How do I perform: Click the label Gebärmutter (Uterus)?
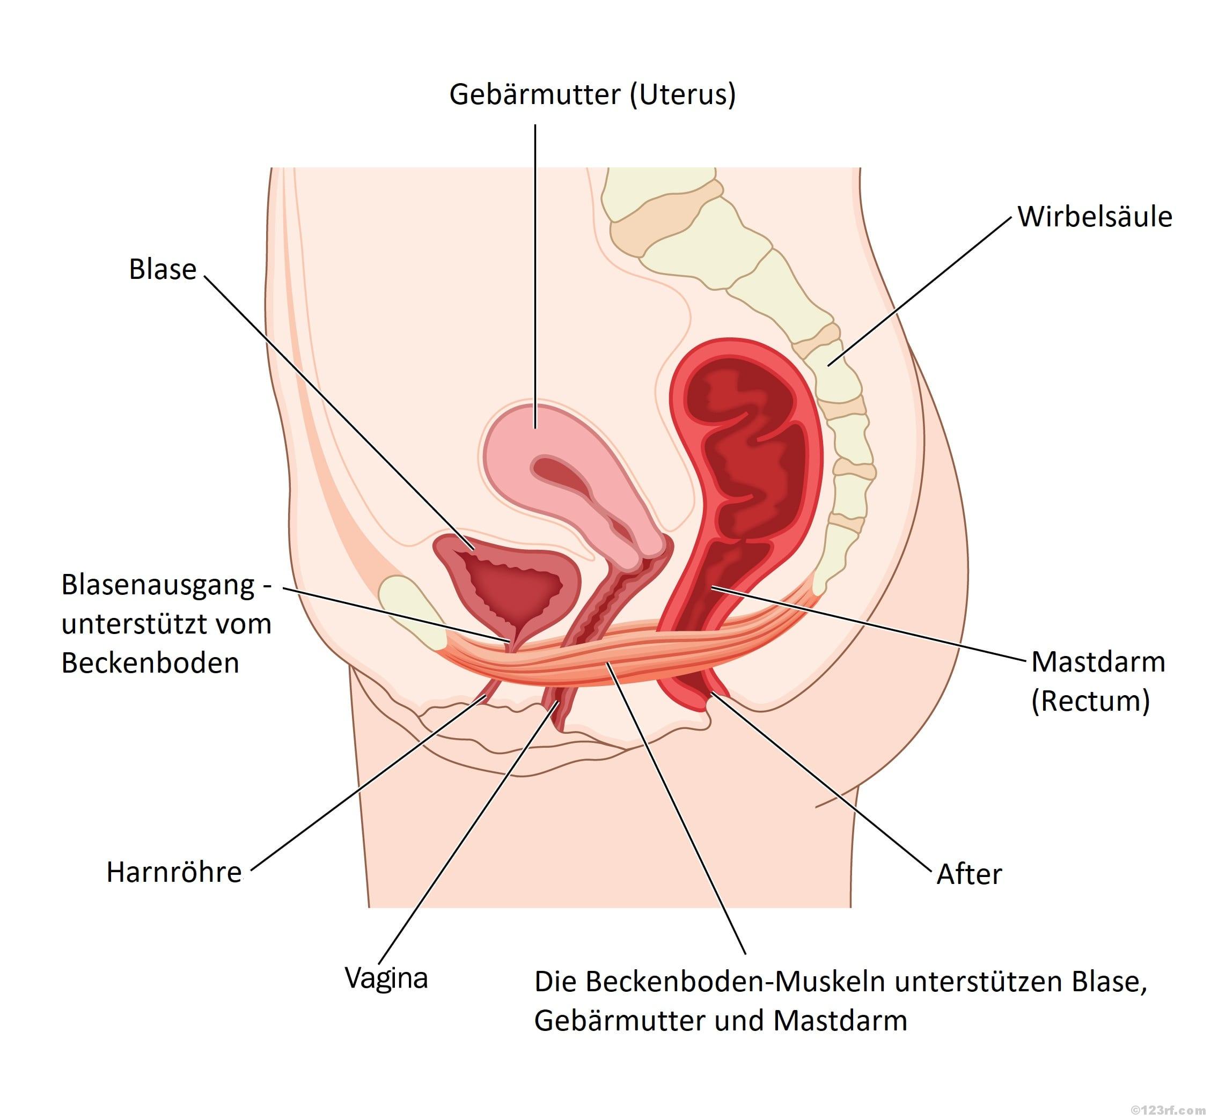click(x=592, y=94)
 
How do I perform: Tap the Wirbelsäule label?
click(x=1094, y=216)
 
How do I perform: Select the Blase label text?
click(x=163, y=269)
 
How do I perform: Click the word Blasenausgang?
click(x=158, y=585)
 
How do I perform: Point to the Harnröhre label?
click(x=174, y=872)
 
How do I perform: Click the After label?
click(x=968, y=874)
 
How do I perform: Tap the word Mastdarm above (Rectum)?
click(x=1098, y=662)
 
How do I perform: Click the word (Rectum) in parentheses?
click(x=1090, y=701)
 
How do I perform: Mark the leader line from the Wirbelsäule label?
click(x=921, y=291)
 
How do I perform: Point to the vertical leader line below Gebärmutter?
click(x=535, y=272)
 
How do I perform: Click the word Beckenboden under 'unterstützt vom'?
click(x=150, y=663)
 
